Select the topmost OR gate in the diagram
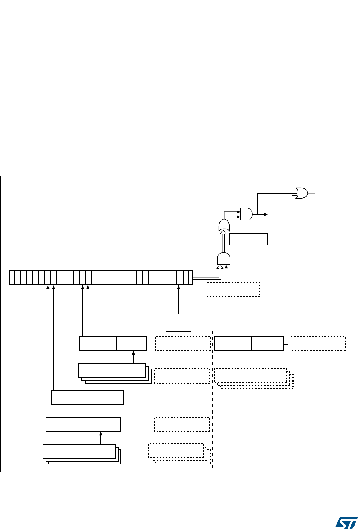301,193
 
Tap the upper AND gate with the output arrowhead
246,214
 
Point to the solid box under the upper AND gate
248,239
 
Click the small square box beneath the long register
178,322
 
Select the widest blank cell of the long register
114,277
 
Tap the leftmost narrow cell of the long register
11,277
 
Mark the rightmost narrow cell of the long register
191,277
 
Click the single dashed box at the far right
318,343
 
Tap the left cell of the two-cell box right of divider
233,343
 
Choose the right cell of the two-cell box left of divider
132,343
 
